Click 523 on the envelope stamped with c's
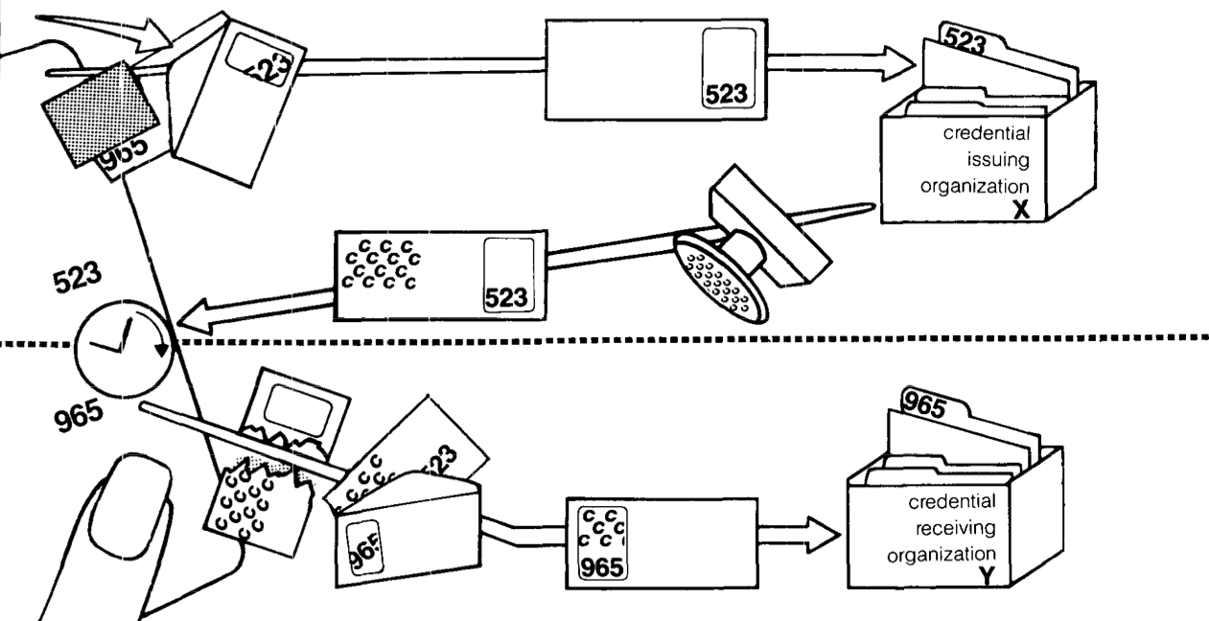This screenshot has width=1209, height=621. click(x=506, y=298)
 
